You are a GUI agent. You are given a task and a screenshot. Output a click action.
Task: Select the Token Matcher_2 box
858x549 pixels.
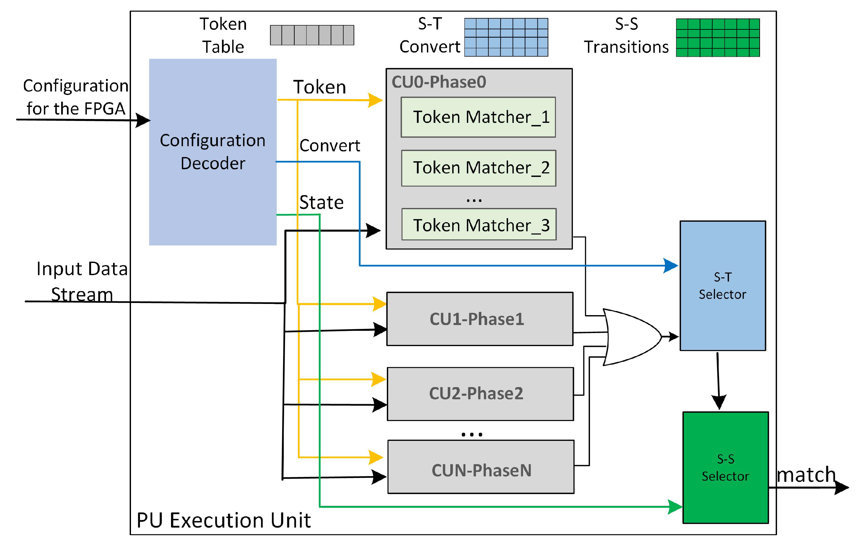[x=478, y=168]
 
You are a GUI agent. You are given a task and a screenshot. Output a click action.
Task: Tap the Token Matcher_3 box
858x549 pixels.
[x=478, y=224]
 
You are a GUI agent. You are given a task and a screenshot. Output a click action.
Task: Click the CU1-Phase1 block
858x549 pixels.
[x=479, y=319]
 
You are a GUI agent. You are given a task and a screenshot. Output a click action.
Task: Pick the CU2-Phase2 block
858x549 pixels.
[x=480, y=394]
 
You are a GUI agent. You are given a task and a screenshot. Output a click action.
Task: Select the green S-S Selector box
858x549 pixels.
[x=725, y=467]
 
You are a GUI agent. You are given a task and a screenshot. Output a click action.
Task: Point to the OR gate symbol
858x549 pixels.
[x=632, y=337]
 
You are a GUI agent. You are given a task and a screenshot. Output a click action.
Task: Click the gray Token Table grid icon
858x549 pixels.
[x=312, y=35]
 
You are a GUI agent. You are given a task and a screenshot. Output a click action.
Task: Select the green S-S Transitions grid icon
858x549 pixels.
[x=717, y=37]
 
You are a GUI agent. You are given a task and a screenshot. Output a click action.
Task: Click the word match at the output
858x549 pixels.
[x=806, y=475]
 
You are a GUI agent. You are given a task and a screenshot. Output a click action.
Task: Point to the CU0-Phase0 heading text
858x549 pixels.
[x=438, y=82]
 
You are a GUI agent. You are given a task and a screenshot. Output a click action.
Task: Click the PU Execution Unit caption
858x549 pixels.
[x=223, y=520]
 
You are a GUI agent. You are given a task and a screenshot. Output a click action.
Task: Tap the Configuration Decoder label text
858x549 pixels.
[x=213, y=152]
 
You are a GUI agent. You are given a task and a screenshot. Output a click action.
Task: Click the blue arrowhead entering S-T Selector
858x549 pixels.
[x=671, y=266]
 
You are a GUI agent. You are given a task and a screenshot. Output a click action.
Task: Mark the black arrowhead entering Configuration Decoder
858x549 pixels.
[x=143, y=121]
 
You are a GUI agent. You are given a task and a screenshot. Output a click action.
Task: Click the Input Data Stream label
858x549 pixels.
[x=82, y=281]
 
